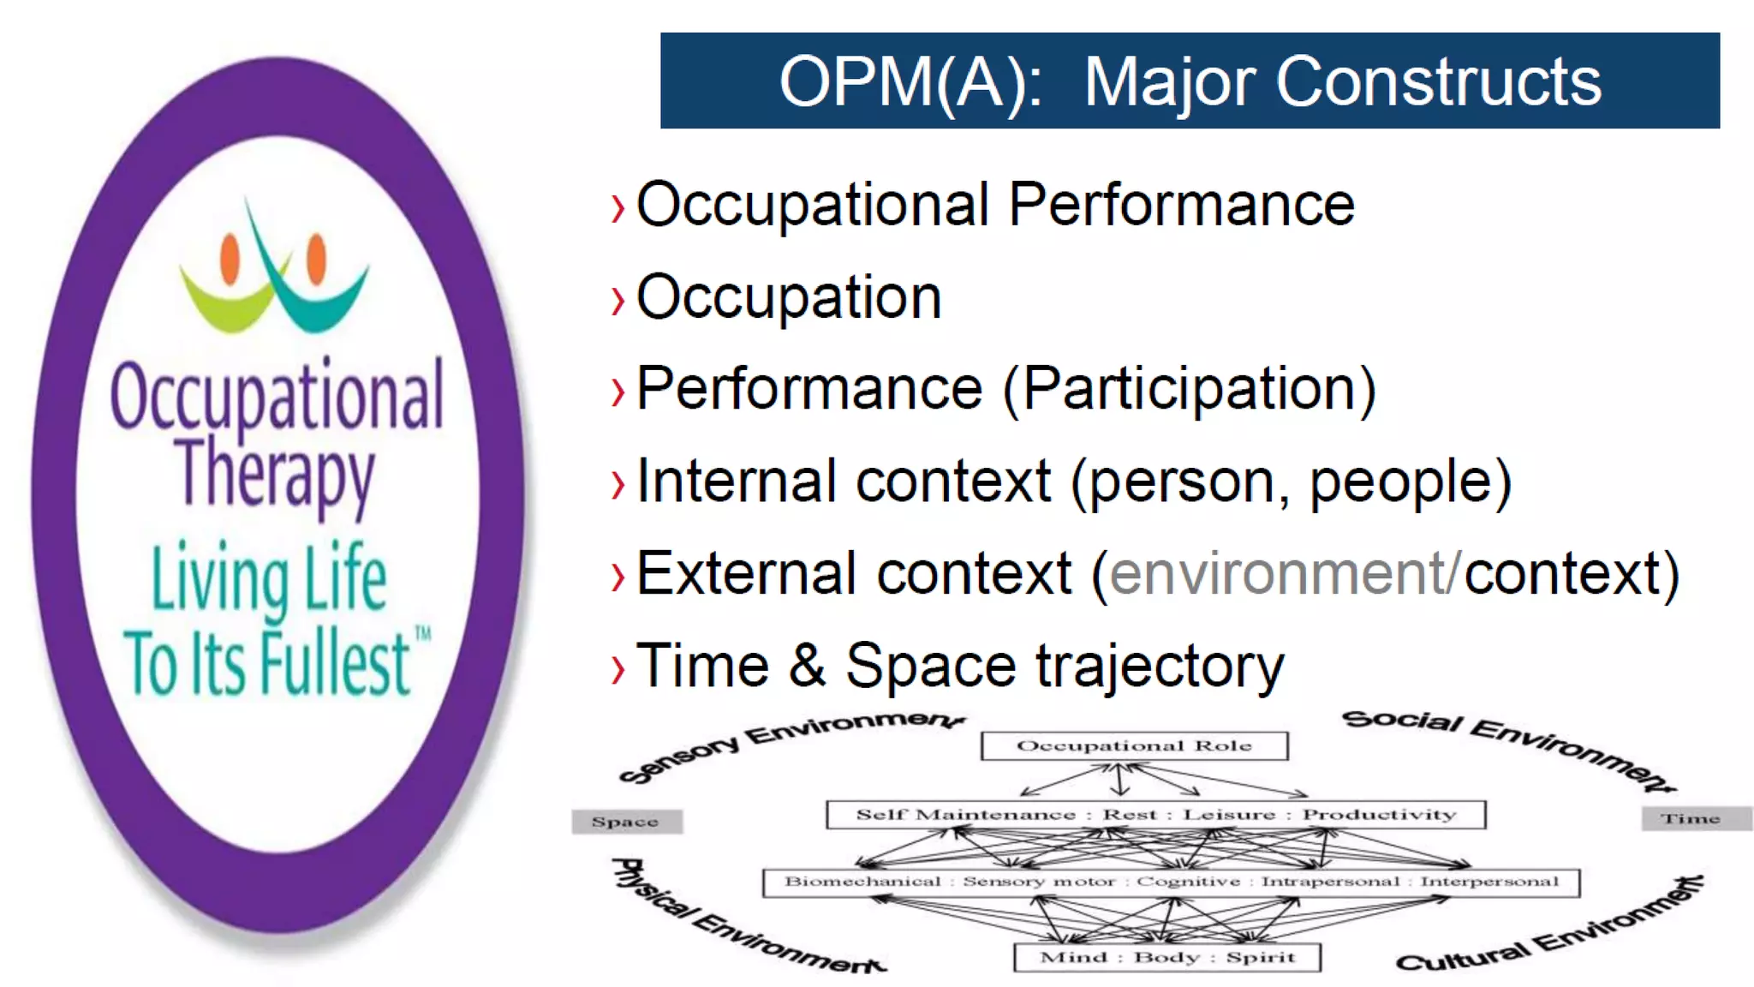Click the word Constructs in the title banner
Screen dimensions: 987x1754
tap(1438, 82)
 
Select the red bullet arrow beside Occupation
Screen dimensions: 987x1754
tap(617, 301)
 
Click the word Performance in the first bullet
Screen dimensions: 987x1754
tap(1181, 205)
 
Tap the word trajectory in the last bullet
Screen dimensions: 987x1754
tap(1160, 667)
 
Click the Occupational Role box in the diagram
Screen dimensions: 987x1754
tap(1134, 745)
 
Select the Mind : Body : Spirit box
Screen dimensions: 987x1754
tap(1166, 957)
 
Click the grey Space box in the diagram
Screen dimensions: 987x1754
tap(626, 822)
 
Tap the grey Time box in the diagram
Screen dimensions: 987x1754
tap(1691, 819)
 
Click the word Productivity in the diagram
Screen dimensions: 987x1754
tap(1379, 815)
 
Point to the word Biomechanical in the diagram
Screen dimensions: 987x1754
tap(862, 882)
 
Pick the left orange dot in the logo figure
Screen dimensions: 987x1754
tap(230, 259)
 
